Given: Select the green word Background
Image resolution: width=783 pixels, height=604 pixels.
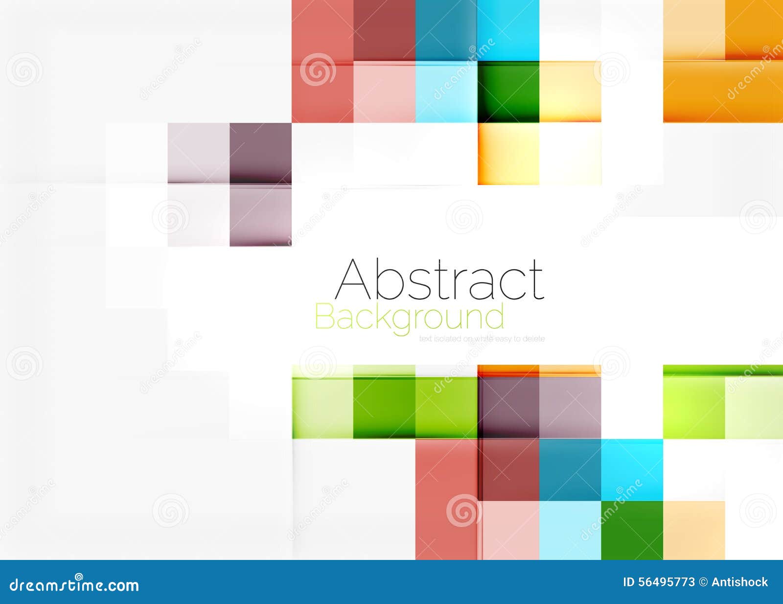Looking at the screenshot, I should [x=409, y=318].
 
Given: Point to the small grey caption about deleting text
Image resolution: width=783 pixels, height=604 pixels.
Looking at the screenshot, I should [x=482, y=339].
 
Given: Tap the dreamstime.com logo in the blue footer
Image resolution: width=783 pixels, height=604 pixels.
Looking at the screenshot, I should [x=74, y=584].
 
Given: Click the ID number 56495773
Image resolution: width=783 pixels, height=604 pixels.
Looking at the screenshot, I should [x=659, y=582].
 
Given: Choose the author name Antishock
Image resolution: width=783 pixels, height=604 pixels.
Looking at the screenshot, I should [x=739, y=582].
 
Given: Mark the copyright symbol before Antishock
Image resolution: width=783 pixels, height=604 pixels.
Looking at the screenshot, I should [x=703, y=582].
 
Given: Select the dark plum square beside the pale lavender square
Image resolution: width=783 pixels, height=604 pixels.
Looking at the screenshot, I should [x=260, y=153].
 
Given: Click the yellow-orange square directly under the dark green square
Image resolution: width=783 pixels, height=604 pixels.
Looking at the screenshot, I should [x=508, y=154].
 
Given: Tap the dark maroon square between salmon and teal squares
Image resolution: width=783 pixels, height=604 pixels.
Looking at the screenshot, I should [x=384, y=30].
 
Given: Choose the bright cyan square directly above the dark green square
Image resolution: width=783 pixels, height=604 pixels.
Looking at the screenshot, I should [x=508, y=30].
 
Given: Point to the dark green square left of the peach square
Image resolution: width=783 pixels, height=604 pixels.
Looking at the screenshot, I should [x=632, y=530].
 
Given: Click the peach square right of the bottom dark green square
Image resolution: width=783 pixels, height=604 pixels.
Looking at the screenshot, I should [x=693, y=530].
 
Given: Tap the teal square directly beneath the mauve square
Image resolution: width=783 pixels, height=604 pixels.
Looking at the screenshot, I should [x=570, y=469].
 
